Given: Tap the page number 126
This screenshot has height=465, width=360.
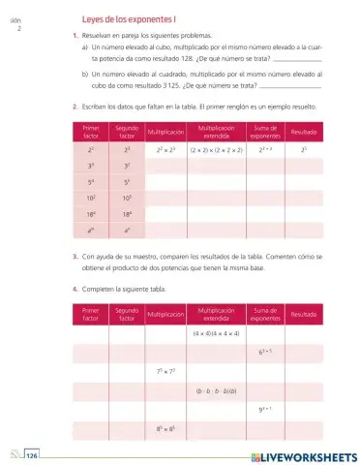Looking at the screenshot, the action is (32, 454).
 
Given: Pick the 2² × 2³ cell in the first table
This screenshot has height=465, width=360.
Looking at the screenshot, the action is (164, 150).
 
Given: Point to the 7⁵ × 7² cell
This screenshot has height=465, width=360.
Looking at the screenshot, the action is (164, 372).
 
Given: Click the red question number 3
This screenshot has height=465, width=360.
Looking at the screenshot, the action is (75, 256).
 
